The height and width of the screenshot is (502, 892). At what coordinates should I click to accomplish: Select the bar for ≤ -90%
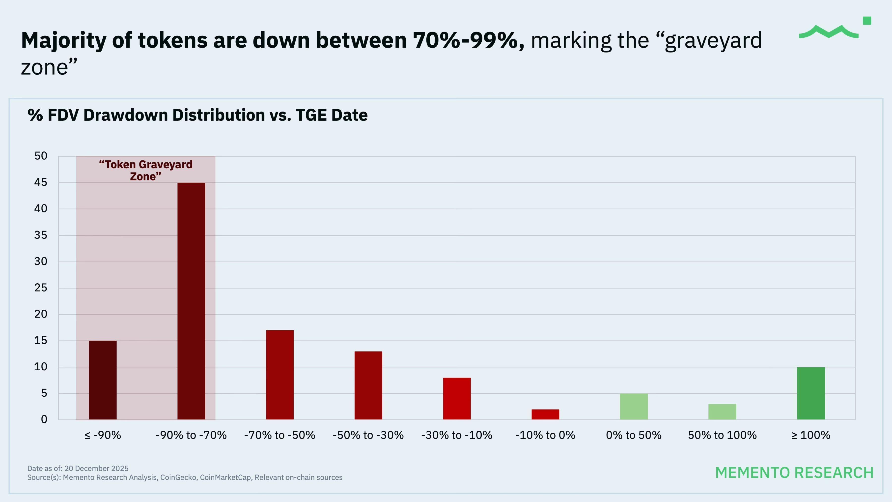click(103, 380)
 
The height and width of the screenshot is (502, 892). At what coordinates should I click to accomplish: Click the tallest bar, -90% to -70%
click(191, 301)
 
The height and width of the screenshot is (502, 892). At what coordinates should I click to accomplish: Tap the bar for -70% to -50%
click(279, 375)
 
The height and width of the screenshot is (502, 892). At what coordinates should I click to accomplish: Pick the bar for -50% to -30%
click(368, 385)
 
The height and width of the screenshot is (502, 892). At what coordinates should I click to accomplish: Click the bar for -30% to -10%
click(457, 398)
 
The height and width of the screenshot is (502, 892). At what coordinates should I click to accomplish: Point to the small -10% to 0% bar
click(545, 414)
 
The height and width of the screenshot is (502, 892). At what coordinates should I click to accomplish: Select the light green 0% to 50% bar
click(634, 406)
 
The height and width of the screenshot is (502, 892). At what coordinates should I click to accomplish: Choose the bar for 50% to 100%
click(722, 412)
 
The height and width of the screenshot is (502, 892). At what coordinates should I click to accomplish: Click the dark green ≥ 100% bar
click(811, 393)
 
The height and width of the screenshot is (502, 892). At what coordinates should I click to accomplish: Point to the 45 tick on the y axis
click(41, 182)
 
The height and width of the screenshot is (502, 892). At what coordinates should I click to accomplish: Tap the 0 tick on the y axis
click(44, 419)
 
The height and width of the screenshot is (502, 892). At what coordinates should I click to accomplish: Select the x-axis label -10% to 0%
click(545, 435)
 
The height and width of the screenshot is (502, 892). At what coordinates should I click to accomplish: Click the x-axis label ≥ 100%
click(811, 435)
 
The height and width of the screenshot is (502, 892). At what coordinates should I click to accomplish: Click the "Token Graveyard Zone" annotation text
click(145, 170)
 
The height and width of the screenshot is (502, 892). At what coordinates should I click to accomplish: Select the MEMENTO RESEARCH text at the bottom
click(794, 473)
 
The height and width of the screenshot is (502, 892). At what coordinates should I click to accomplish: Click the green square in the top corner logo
click(867, 21)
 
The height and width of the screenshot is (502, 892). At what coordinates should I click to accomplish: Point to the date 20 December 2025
click(96, 468)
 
